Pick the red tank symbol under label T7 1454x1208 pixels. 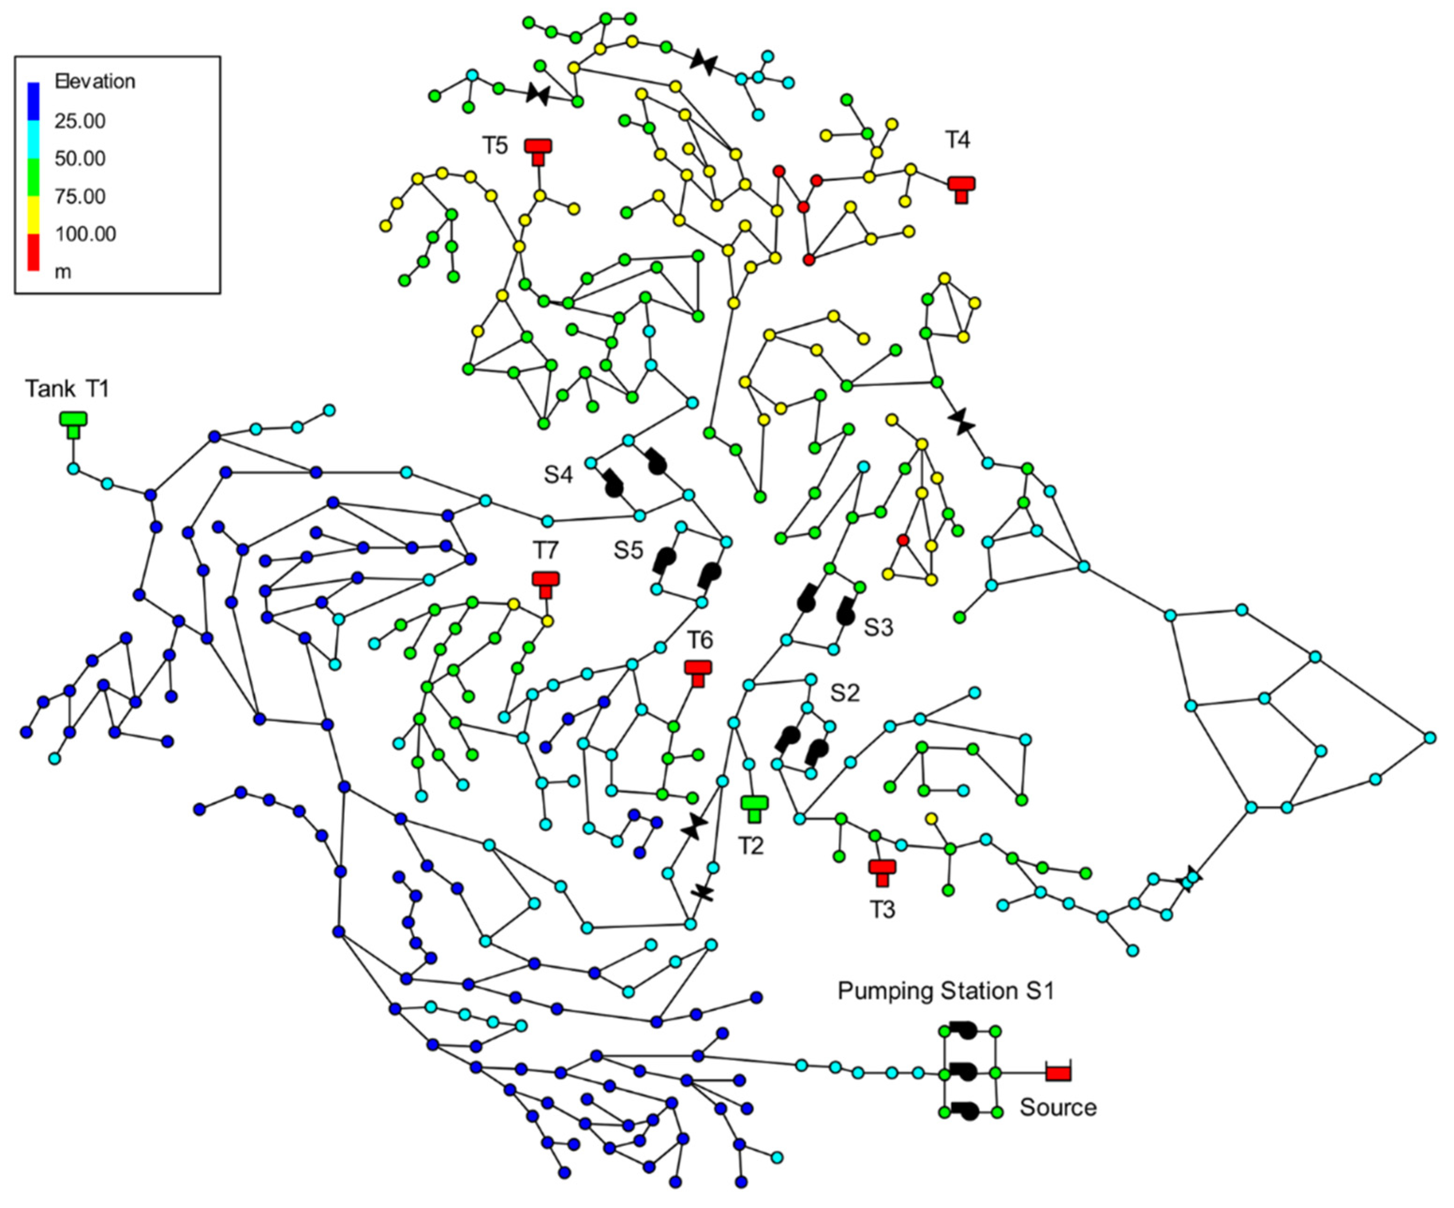pyautogui.click(x=546, y=583)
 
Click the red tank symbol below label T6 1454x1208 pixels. pyautogui.click(x=698, y=672)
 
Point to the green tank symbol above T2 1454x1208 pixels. pyautogui.click(x=754, y=807)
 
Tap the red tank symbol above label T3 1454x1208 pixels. pyautogui.click(x=882, y=871)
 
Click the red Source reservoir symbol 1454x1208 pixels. pyautogui.click(x=1057, y=1073)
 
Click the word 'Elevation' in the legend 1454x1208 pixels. pyautogui.click(x=95, y=82)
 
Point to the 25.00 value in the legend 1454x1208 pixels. pyautogui.click(x=80, y=121)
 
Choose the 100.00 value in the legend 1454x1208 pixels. pyautogui.click(x=85, y=234)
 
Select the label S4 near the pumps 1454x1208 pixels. pyautogui.click(x=558, y=475)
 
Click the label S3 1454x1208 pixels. pyautogui.click(x=878, y=628)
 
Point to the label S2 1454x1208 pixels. pyautogui.click(x=845, y=693)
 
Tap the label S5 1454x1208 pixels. pyautogui.click(x=628, y=551)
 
